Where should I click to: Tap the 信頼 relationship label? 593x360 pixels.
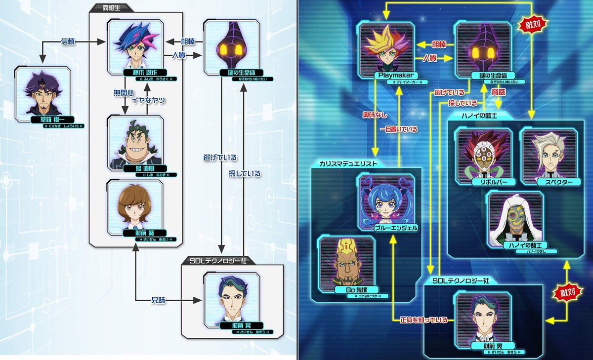[67, 41]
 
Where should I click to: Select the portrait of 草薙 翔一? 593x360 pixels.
[43, 94]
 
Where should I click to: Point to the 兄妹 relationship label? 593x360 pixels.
[159, 300]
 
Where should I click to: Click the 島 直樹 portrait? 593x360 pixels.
[135, 141]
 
